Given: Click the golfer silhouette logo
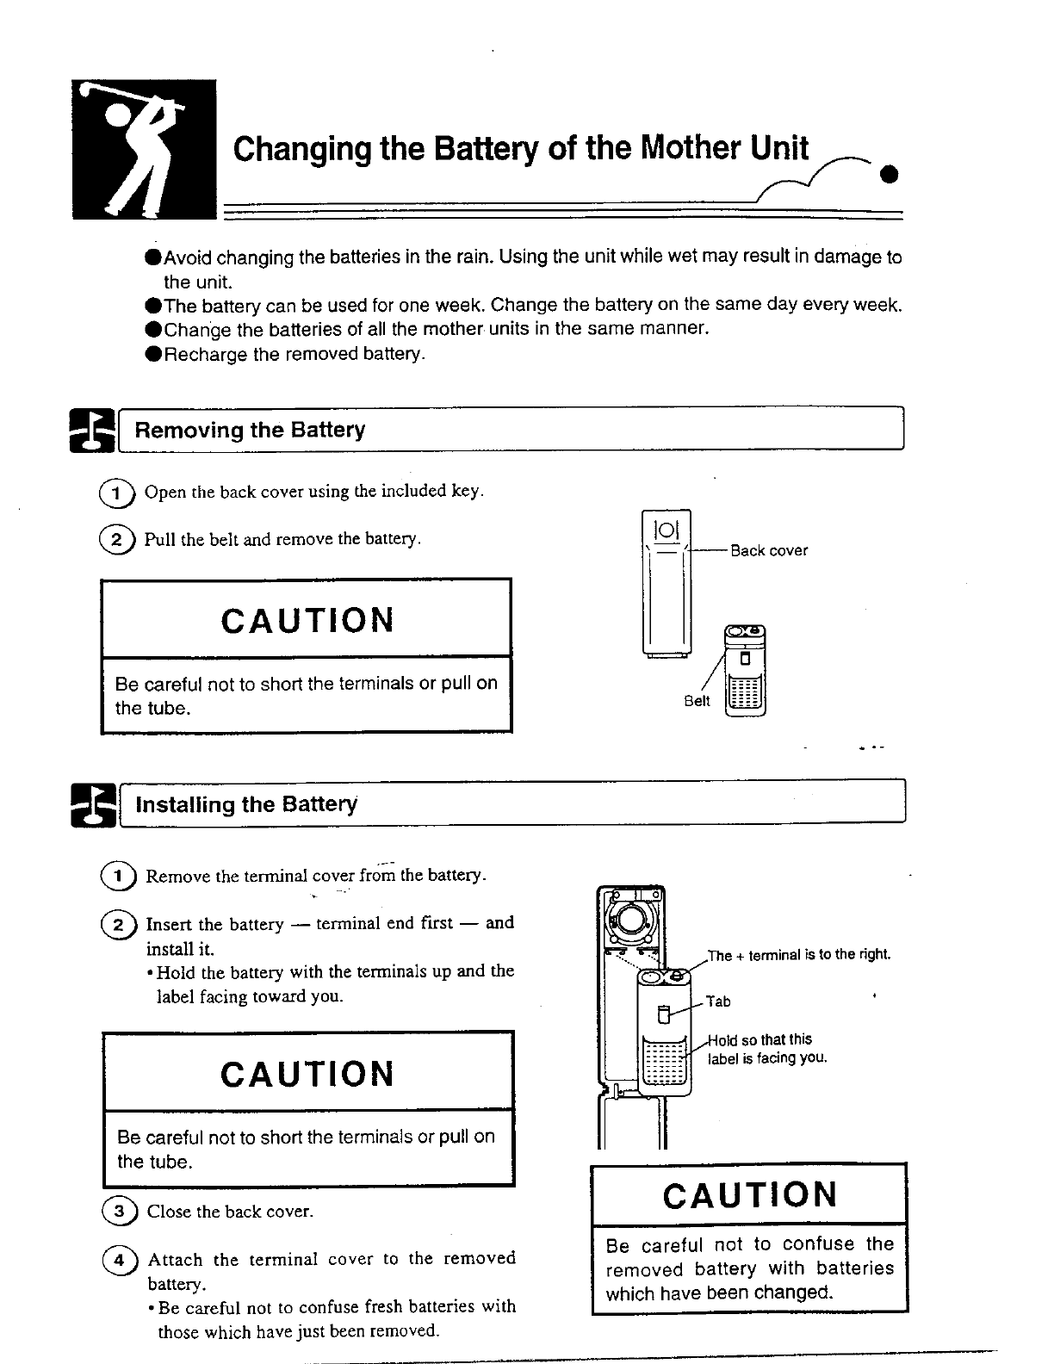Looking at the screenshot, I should click(144, 148).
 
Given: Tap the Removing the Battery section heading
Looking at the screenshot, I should click(250, 430).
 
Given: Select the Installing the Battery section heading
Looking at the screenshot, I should click(246, 804).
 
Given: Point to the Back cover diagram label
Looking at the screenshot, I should click(769, 551).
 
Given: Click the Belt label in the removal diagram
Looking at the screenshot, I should click(697, 701).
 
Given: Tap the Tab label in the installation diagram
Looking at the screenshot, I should click(718, 1001).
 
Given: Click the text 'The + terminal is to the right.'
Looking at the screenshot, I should click(798, 954).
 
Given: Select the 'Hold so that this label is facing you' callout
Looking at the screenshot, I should click(766, 1049).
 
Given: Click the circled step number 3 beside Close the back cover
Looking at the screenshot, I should click(120, 1211).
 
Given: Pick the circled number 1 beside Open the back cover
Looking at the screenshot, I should click(118, 493).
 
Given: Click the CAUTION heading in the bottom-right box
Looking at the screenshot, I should click(750, 1194).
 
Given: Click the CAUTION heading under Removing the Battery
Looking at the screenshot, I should click(307, 620).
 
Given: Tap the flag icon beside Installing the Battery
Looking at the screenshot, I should click(93, 805).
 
